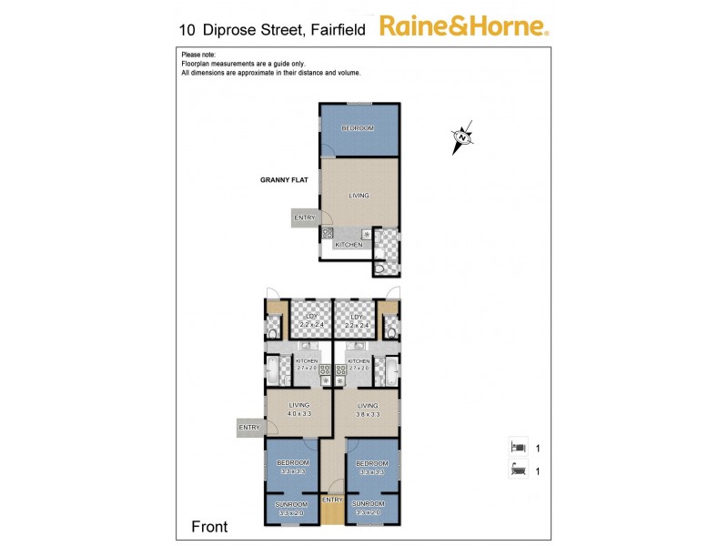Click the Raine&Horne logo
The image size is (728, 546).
[x=463, y=25]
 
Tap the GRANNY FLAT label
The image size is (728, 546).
[x=284, y=180]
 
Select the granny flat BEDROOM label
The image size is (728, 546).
[x=358, y=128]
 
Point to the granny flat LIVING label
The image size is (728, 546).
[x=359, y=195]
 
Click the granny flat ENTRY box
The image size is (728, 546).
[x=305, y=217]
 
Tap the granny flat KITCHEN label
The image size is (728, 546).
[x=349, y=245]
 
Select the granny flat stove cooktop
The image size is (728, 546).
[x=327, y=234]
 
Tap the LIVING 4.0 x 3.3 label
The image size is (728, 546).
[x=299, y=409]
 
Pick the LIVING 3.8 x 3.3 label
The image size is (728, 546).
[x=368, y=409]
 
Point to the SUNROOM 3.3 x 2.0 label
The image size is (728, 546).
[x=292, y=508]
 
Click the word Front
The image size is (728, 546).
[x=208, y=527]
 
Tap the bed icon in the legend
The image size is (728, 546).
[x=517, y=448]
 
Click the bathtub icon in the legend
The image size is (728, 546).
[x=517, y=470]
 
